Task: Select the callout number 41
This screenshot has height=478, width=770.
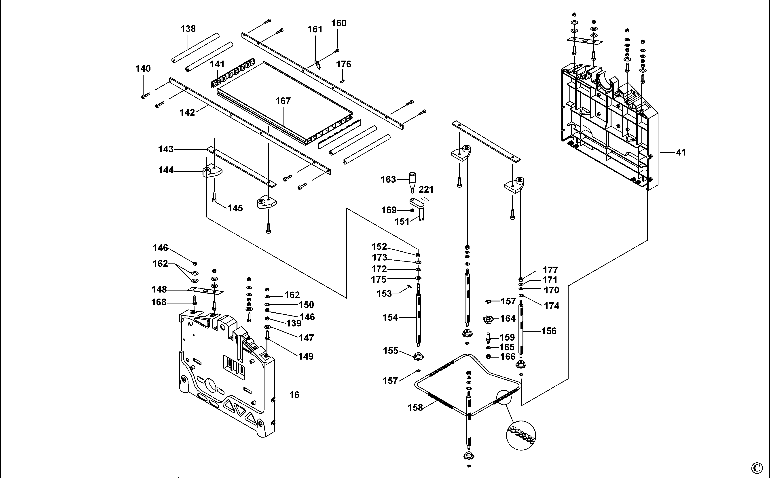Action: tap(681, 152)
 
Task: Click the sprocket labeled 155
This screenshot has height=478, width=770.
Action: tap(418, 357)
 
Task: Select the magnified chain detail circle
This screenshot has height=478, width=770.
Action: tap(521, 436)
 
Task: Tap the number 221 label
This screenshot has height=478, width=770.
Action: tap(426, 189)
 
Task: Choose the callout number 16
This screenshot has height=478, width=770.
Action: tap(294, 395)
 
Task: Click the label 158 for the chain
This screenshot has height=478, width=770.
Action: tap(415, 408)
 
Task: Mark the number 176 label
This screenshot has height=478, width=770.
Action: tap(343, 64)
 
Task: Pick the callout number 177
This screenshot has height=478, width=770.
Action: tap(550, 270)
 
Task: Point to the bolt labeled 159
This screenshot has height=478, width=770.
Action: tap(488, 338)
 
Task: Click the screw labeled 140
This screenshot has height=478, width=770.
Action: tap(145, 95)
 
